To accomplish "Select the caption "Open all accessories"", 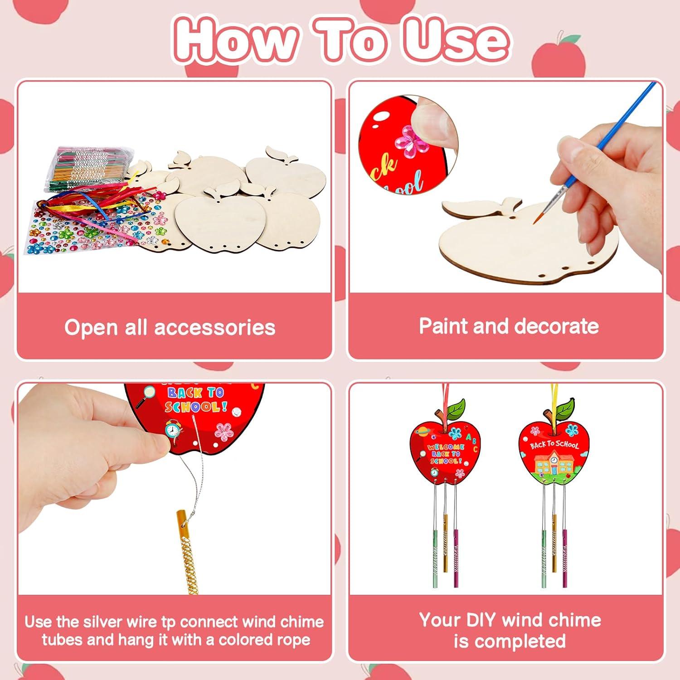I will tap(170, 327).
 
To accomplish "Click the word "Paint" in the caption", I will tap(442, 326).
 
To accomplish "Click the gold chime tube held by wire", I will tap(187, 549).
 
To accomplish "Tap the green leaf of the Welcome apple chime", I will tap(456, 408).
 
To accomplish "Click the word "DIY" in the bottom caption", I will tap(475, 620).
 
